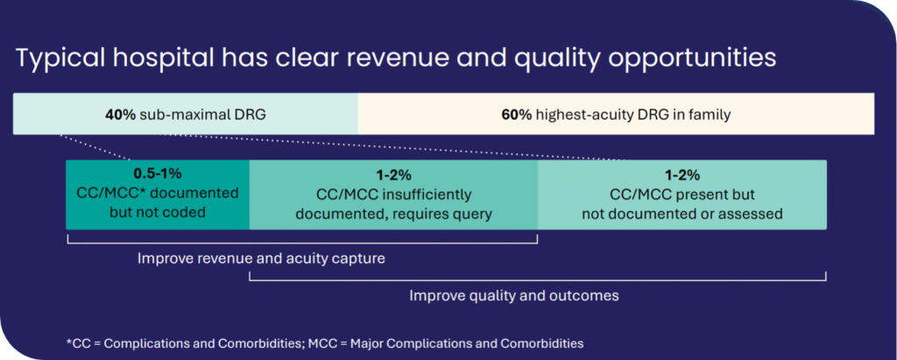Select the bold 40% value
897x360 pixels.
pos(120,115)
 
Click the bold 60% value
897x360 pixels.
pos(517,115)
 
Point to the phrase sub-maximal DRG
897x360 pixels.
pos(202,115)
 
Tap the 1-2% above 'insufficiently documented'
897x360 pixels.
pos(393,176)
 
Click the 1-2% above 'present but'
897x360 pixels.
pos(682,176)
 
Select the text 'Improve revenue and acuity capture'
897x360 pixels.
pos(261,258)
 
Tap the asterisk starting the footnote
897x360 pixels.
pos(68,342)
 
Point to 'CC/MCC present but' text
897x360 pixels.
pos(682,195)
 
